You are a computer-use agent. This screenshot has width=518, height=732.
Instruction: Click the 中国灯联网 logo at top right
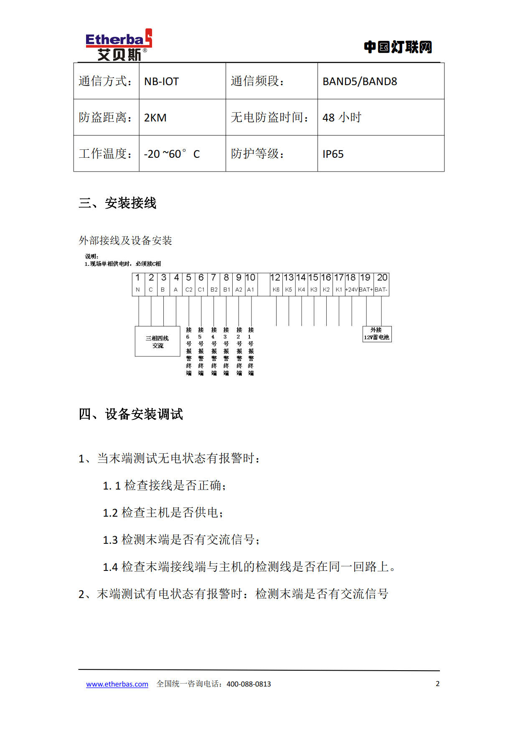click(398, 47)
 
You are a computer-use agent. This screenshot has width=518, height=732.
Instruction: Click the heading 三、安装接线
click(117, 203)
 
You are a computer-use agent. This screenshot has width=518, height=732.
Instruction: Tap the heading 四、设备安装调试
click(131, 414)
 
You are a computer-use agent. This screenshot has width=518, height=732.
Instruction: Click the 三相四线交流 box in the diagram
click(157, 342)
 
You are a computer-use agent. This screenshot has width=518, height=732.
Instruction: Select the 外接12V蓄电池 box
click(376, 334)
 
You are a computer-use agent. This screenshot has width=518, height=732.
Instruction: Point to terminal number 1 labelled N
click(138, 284)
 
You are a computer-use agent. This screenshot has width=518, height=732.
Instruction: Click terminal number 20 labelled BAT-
click(382, 284)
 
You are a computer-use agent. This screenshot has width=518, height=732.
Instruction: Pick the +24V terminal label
click(351, 290)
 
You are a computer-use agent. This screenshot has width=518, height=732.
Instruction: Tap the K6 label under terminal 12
click(276, 290)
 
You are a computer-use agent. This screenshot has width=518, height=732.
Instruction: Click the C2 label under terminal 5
click(189, 290)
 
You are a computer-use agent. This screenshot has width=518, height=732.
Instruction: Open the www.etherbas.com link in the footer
click(117, 684)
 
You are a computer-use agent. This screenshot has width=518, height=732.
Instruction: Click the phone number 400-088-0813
click(249, 684)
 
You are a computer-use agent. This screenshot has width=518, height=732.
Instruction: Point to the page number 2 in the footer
click(437, 684)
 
